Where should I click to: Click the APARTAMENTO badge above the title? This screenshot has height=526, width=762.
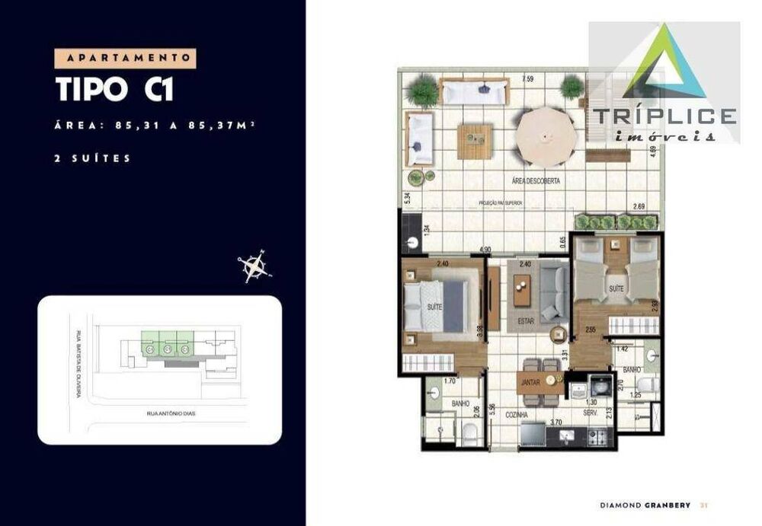click(x=126, y=58)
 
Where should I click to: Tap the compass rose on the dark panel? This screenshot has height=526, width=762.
click(x=255, y=266)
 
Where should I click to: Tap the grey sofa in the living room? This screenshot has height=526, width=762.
click(x=553, y=292)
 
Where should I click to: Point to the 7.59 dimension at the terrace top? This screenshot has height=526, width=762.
click(x=527, y=79)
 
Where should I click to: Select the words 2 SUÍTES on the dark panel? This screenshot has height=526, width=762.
click(x=94, y=158)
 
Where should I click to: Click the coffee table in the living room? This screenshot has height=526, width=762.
click(x=523, y=289)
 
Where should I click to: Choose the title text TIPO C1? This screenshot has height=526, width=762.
click(x=115, y=89)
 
